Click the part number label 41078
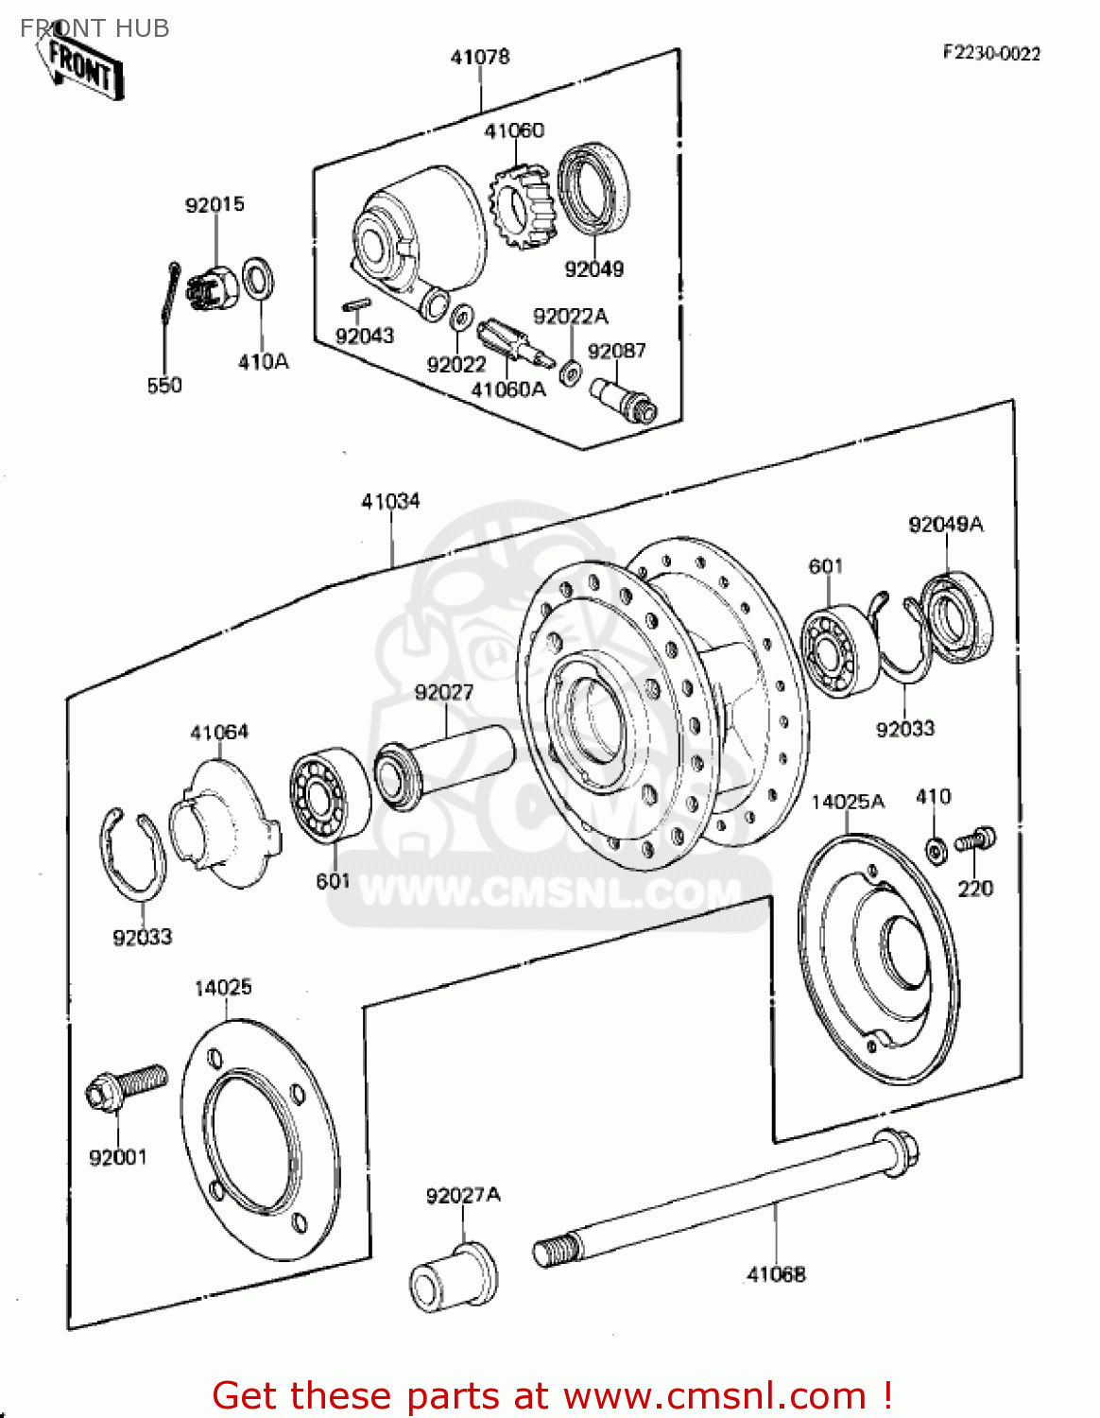480,57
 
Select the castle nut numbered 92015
213,289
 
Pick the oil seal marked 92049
593,188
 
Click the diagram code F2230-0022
990,53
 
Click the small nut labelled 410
936,850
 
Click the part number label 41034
390,501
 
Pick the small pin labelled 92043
357,305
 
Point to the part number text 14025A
848,802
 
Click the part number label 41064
219,733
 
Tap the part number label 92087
616,351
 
